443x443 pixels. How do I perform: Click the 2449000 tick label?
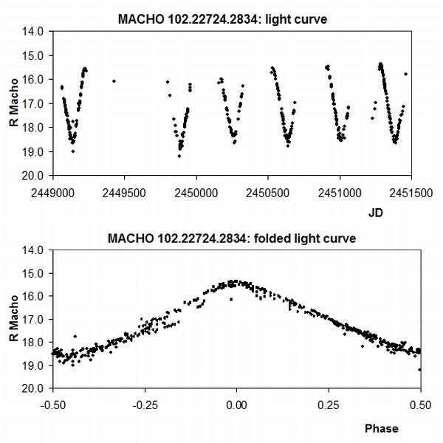[x=53, y=189]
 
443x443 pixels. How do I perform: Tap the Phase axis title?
[x=381, y=428]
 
